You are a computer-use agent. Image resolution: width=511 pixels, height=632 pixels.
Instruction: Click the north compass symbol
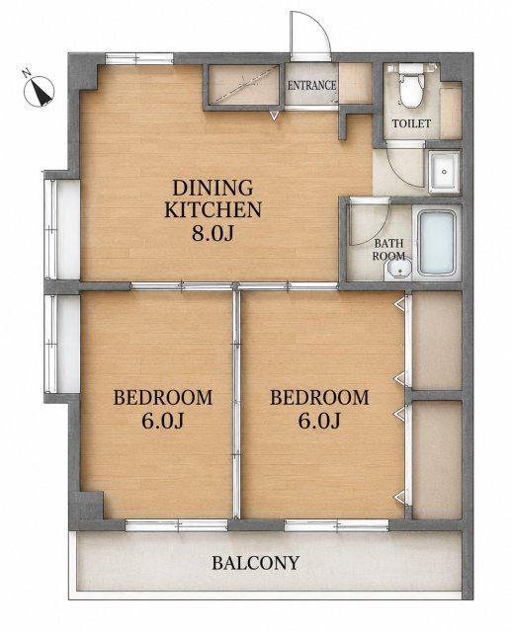pyautogui.click(x=39, y=90)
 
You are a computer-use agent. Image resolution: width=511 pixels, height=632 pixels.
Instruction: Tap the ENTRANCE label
pyautogui.click(x=311, y=86)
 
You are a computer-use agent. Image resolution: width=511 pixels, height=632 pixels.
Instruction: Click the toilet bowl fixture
pyautogui.click(x=410, y=87)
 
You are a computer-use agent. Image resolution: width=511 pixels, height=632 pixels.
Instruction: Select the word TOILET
pyautogui.click(x=412, y=123)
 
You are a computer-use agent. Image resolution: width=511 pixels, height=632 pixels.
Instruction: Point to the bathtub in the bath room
pyautogui.click(x=437, y=242)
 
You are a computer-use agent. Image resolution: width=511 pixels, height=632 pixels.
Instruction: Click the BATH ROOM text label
pyautogui.click(x=388, y=250)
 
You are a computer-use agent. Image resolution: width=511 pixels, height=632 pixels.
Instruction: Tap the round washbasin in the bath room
pyautogui.click(x=397, y=270)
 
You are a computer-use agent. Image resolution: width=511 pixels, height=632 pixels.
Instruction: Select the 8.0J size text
pyautogui.click(x=213, y=233)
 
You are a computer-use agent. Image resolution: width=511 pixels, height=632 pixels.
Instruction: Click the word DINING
pyautogui.click(x=213, y=188)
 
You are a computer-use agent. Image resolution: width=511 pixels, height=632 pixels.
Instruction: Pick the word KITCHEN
pyautogui.click(x=213, y=209)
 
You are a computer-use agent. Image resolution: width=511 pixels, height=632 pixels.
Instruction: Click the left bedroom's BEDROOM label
pyautogui.click(x=162, y=397)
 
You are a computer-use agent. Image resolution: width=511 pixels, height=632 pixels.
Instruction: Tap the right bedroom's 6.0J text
pyautogui.click(x=319, y=422)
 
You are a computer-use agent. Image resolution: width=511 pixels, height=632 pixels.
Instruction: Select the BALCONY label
pyautogui.click(x=256, y=563)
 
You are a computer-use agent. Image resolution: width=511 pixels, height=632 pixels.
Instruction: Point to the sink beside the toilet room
pyautogui.click(x=444, y=172)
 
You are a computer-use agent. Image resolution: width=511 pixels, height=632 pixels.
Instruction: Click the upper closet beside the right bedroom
pyautogui.click(x=437, y=342)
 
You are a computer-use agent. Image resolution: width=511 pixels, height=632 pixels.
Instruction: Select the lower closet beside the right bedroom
pyautogui.click(x=437, y=459)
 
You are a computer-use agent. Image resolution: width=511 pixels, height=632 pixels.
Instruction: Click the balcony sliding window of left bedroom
pyautogui.click(x=177, y=524)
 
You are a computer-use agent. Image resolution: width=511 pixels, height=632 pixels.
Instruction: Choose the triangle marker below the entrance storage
pyautogui.click(x=274, y=117)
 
